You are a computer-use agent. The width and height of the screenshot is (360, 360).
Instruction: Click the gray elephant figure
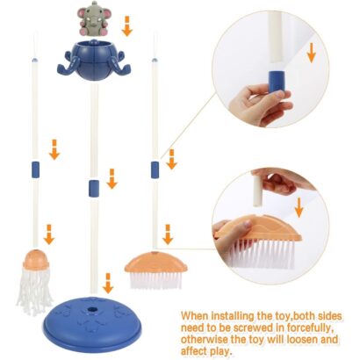[90, 18]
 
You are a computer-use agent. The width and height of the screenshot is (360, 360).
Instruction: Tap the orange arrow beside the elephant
[127, 26]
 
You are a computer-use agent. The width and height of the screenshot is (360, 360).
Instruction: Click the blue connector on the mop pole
[35, 169]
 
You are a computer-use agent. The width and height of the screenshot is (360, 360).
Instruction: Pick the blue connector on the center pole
[94, 188]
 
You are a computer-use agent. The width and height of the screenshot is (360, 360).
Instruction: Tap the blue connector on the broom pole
[155, 169]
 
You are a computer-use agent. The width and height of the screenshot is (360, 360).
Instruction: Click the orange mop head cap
[36, 260]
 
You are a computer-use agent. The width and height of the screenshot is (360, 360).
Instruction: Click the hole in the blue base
[93, 309]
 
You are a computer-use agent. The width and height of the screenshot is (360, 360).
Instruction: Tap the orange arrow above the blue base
[108, 283]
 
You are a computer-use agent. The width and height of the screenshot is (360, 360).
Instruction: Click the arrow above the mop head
[49, 234]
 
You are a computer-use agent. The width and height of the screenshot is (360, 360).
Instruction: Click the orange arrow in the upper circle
[312, 53]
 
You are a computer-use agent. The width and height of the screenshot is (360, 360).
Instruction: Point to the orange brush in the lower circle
[258, 241]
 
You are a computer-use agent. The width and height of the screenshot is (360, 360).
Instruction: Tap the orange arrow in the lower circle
[299, 207]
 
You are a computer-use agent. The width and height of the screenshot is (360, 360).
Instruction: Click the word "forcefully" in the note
[308, 328]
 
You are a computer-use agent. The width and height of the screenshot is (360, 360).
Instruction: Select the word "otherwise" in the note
[203, 339]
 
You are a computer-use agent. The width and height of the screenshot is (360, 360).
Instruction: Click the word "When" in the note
[194, 316]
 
